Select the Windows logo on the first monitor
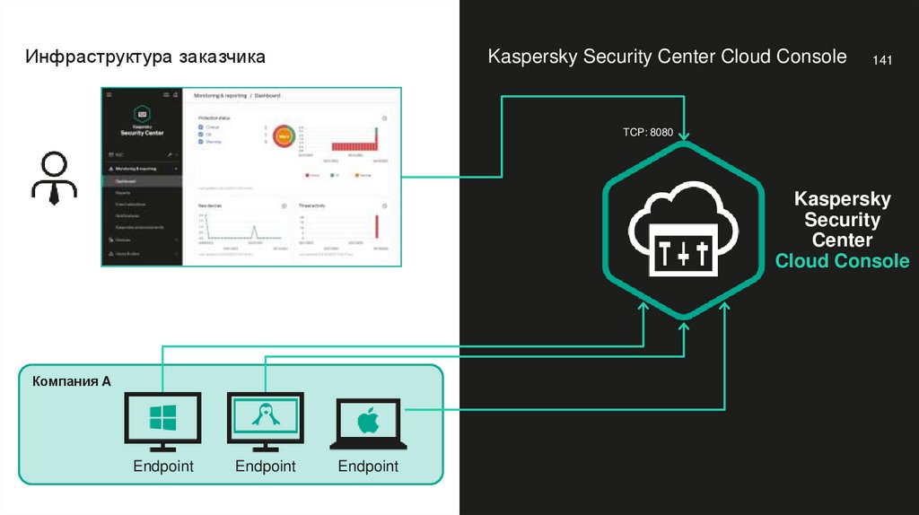pos(163,418)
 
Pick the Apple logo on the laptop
pos(368,421)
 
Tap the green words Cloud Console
pos(842,261)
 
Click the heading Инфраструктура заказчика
pos(145,57)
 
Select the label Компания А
pos(72,381)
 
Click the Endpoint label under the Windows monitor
pos(163,467)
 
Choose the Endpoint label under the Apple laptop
pos(368,467)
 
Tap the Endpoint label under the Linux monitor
pos(266,467)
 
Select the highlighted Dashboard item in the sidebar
pos(126,180)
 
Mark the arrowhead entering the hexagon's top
pos(685,135)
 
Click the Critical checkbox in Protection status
pos(200,128)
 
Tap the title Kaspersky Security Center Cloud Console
pos(667,57)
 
